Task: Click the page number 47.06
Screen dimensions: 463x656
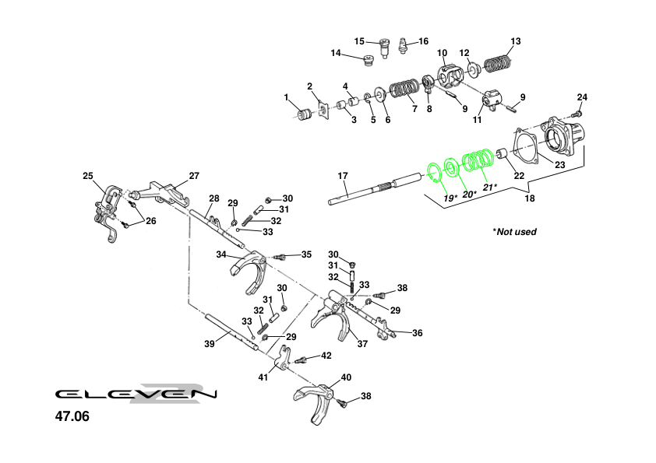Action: coord(72,417)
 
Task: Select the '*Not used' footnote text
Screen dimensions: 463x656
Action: coord(514,232)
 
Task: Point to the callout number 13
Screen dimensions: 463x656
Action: coord(516,41)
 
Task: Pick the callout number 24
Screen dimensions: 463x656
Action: coord(581,97)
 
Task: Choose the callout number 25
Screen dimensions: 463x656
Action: coord(87,176)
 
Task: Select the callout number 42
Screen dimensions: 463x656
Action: coord(326,356)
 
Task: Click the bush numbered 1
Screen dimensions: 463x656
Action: coord(306,114)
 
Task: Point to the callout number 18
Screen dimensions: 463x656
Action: coord(530,199)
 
